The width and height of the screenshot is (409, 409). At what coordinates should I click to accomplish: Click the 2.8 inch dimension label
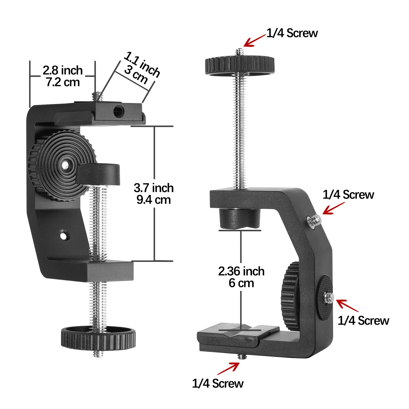coord(63,70)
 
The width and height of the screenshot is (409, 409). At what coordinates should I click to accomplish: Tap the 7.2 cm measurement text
coord(63,82)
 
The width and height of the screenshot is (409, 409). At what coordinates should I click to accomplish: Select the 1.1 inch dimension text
coord(142,64)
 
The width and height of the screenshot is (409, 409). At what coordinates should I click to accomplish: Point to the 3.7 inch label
coord(154,188)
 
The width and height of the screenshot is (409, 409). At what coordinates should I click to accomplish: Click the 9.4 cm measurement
coord(154,200)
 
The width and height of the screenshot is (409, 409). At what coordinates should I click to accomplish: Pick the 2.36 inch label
coord(241,271)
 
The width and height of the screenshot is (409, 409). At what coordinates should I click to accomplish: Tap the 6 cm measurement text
coord(241,283)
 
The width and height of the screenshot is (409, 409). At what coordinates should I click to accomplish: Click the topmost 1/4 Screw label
coord(292,33)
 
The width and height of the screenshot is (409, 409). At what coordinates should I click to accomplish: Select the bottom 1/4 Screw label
coord(218,383)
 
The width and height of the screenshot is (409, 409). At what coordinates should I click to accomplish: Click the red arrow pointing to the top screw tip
coord(254,41)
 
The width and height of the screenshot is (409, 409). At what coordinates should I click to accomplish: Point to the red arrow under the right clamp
coord(228,369)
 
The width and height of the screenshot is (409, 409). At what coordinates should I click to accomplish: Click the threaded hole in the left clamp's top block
coord(119,111)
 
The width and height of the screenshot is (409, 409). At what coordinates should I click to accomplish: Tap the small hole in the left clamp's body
coord(63,235)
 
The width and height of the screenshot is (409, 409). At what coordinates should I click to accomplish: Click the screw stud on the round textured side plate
coord(329,297)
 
